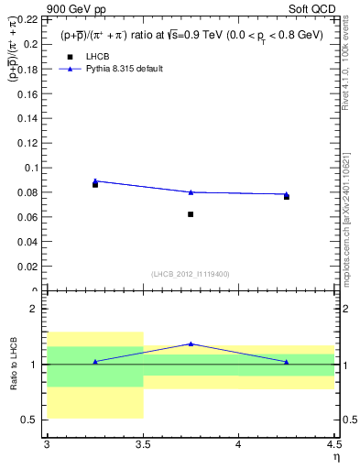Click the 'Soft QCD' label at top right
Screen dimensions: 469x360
(x=315, y=7)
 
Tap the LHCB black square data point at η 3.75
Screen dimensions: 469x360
(x=191, y=214)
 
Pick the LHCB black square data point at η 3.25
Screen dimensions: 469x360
(x=95, y=184)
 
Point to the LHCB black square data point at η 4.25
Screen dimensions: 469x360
(x=287, y=197)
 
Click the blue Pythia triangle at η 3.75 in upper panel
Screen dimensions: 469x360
(x=191, y=191)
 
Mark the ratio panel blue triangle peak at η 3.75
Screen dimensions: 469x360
(x=191, y=344)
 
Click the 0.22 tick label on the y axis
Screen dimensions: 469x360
(x=27, y=19)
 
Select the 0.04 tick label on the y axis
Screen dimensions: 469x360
(x=27, y=242)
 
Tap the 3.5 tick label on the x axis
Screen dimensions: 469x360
(x=143, y=445)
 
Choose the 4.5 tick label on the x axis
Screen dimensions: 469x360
(x=333, y=445)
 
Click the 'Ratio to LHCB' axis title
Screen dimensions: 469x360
(x=12, y=366)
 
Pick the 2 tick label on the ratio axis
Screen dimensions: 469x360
(x=35, y=309)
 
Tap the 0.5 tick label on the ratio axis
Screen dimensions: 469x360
(x=30, y=420)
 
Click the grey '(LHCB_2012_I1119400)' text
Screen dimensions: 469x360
(x=191, y=274)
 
